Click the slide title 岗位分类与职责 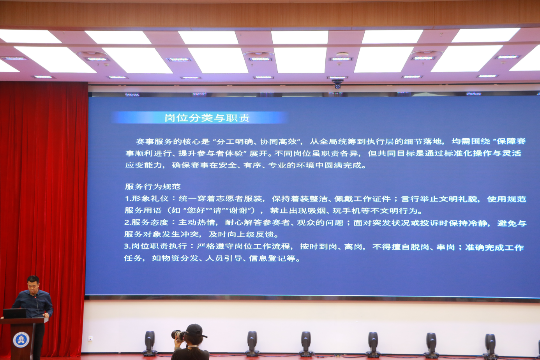pyautogui.click(x=207, y=118)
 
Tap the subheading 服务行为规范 pyautogui.click(x=153, y=187)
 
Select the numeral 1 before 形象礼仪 pyautogui.click(x=127, y=199)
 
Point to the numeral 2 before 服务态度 pyautogui.click(x=127, y=222)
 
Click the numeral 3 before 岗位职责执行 pyautogui.click(x=126, y=246)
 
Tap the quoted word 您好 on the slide pyautogui.click(x=196, y=210)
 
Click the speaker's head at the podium pyautogui.click(x=33, y=284)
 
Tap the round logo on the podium pyautogui.click(x=21, y=340)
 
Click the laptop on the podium pyautogui.click(x=14, y=314)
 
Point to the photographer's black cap pyautogui.click(x=196, y=330)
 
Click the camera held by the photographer pyautogui.click(x=178, y=335)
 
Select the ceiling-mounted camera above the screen pyautogui.click(x=337, y=84)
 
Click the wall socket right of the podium pyautogui.click(x=90, y=339)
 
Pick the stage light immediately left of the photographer pyautogui.click(x=150, y=343)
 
